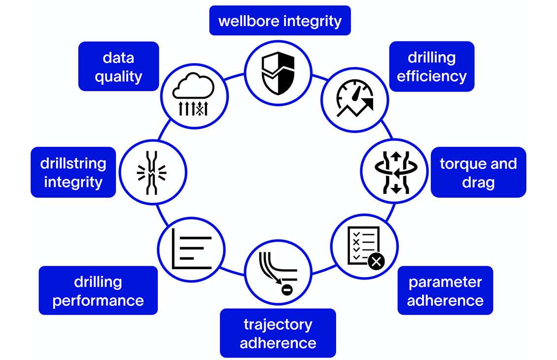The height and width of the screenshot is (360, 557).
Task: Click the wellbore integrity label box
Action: point(279,21)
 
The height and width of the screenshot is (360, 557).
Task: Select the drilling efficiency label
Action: point(431,67)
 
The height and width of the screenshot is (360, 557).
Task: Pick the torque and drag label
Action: point(478,173)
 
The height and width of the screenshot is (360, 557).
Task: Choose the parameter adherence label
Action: point(445,290)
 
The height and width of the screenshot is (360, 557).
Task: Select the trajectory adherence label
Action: point(278,333)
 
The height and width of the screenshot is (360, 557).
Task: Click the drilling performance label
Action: point(98,290)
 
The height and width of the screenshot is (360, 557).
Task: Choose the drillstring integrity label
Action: point(73,172)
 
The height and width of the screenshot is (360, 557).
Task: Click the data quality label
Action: point(118,67)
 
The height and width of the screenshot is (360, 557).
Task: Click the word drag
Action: point(478,182)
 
